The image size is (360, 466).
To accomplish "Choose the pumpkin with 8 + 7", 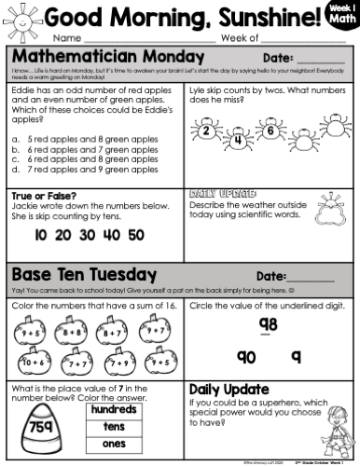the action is click(x=112, y=330).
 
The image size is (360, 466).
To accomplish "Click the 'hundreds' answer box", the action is click(x=115, y=409).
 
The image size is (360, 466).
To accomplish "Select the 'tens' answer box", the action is click(x=115, y=427).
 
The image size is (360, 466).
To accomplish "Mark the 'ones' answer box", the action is click(x=115, y=445).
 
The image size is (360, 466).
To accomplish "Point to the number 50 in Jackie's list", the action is click(x=134, y=236).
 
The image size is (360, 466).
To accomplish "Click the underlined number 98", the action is click(x=269, y=324).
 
